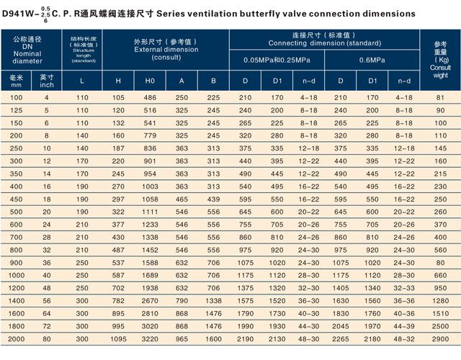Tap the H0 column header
[150, 80]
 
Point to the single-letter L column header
[81, 80]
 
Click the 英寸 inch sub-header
[48, 80]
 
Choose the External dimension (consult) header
[166, 48]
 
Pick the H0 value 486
[150, 97]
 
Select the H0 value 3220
[150, 338]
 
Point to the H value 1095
[118, 338]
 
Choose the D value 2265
[341, 338]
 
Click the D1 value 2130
[277, 338]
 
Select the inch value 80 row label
[48, 338]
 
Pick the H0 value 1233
[150, 223]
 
